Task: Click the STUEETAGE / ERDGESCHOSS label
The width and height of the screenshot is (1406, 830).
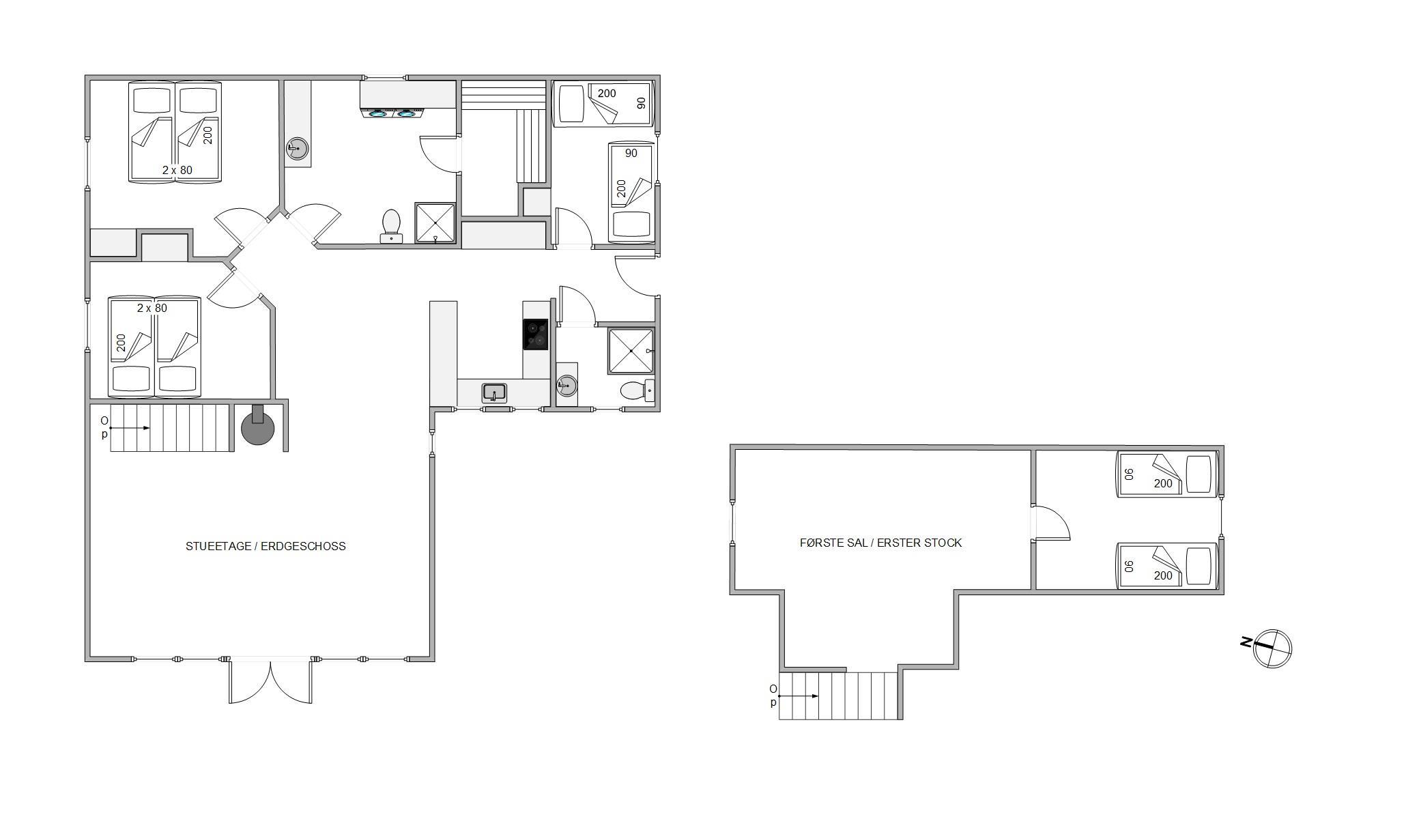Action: point(266,546)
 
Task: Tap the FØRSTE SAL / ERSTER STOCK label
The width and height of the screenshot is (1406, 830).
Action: point(880,543)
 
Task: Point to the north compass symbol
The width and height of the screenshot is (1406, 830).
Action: point(1267,648)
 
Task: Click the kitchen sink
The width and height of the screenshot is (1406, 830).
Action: point(494,392)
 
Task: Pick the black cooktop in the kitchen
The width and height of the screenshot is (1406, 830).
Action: point(535,334)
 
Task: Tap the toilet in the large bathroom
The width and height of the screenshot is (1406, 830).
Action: point(391,226)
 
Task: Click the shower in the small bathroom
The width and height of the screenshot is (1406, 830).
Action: point(631,351)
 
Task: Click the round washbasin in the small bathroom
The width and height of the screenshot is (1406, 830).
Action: point(566,386)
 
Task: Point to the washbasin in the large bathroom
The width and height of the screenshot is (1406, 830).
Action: point(297,148)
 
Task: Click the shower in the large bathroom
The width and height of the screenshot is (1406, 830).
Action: point(435,223)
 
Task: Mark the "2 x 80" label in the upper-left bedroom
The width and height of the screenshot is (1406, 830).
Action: point(177,170)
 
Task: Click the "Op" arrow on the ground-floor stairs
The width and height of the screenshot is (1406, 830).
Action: point(129,428)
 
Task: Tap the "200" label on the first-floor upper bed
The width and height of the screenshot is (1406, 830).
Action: point(1163,483)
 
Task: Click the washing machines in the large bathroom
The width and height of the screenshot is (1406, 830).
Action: point(392,113)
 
